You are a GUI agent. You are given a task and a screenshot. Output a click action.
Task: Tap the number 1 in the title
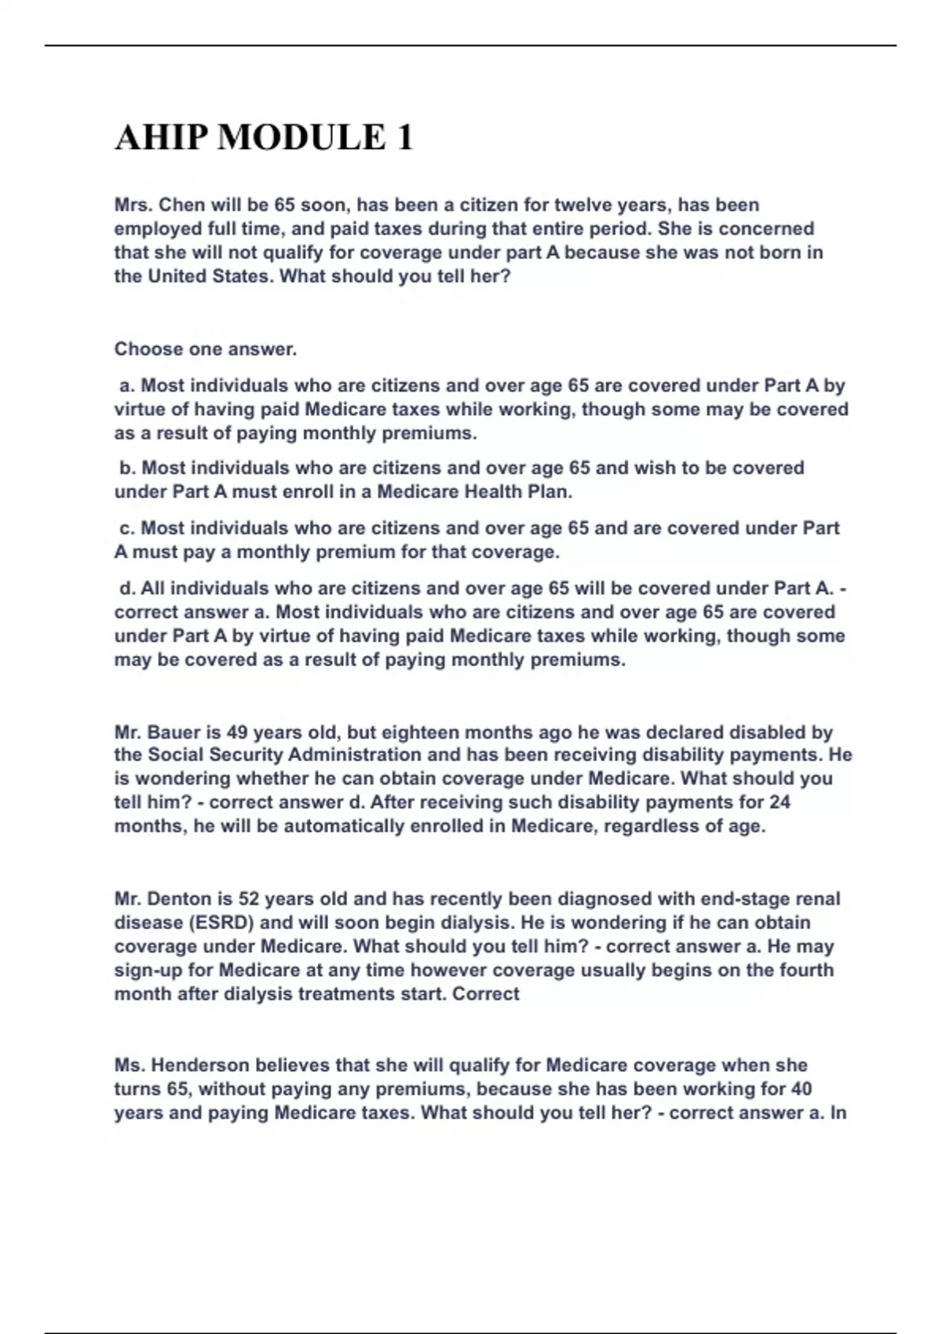click(x=404, y=138)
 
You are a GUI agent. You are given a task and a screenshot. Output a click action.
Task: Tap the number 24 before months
click(x=779, y=803)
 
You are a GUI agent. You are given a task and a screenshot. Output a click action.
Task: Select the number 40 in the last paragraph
click(x=799, y=1089)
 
